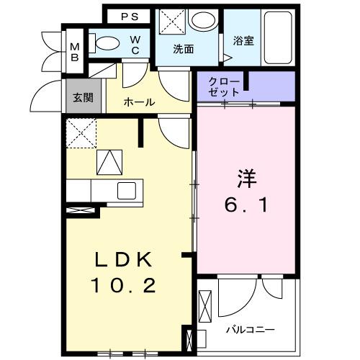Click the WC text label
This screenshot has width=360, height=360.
[135, 45]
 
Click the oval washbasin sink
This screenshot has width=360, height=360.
[205, 20]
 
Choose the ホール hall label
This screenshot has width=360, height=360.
[139, 102]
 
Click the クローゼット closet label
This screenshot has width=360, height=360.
[221, 87]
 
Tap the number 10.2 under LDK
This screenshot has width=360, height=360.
[123, 286]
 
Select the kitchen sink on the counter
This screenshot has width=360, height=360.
[127, 192]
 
